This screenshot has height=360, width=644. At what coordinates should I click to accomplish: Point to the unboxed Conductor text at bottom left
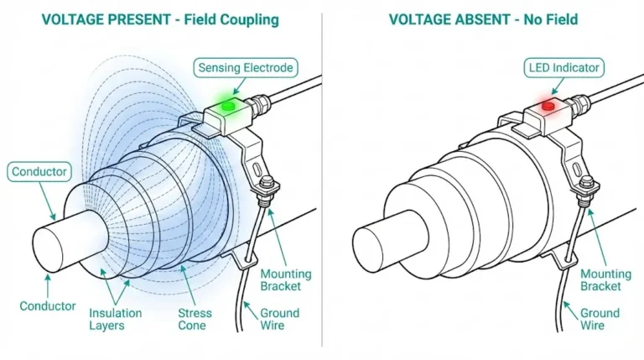coord(48,305)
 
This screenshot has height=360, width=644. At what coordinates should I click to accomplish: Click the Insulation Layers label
coord(116,320)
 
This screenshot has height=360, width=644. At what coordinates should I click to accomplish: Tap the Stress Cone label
coord(195,320)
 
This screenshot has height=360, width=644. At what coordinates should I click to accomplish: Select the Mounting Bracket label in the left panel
coord(285,280)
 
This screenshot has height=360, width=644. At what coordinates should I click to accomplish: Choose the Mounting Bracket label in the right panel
coord(605,280)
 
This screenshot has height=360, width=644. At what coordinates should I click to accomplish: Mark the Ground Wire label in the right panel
coord(600,320)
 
